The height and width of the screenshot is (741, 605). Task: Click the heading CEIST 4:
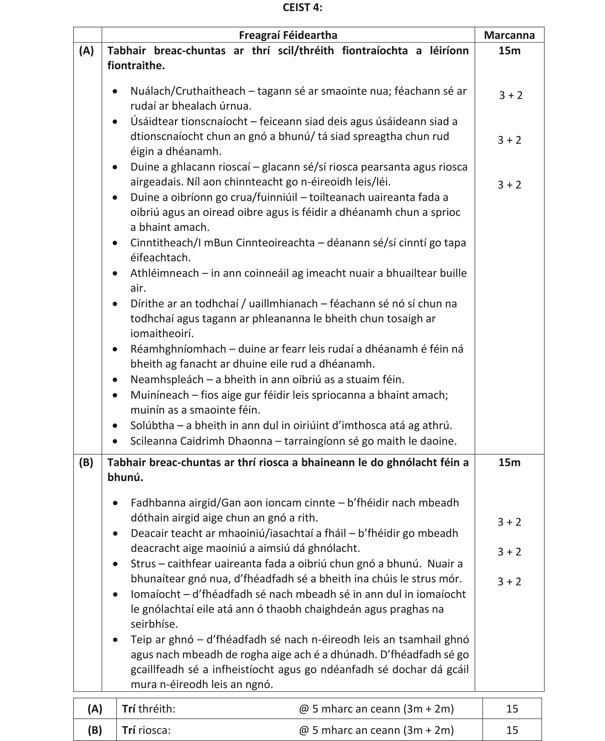tap(302, 8)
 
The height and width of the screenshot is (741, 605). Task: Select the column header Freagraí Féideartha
tap(288, 35)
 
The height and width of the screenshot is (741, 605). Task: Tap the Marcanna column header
tap(509, 35)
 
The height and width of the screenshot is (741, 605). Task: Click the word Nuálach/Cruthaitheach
tap(188, 91)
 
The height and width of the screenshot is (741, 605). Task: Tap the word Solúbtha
tap(152, 425)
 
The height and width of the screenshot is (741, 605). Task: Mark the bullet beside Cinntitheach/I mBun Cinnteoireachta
tap(115, 243)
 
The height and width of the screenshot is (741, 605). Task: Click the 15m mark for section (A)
tap(509, 51)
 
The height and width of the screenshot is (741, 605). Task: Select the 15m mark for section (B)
tap(509, 463)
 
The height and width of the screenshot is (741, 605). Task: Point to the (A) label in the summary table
tap(95, 709)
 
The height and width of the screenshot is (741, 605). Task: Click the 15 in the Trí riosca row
tap(512, 730)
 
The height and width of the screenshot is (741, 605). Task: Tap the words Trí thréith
tap(148, 709)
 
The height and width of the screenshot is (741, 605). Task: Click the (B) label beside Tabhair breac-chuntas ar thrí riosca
tap(87, 463)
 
